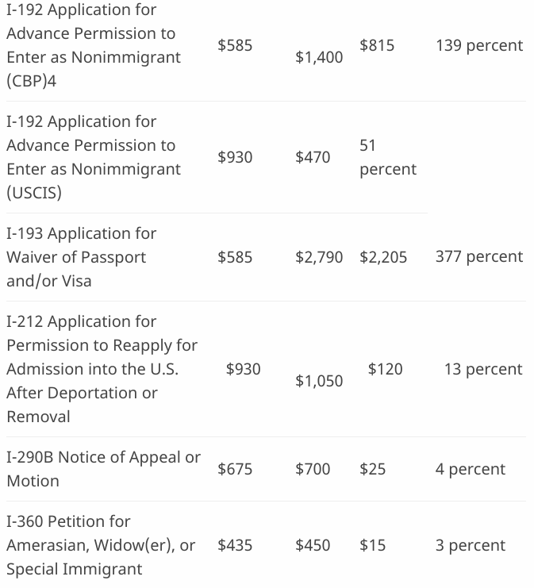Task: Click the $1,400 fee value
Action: click(x=319, y=57)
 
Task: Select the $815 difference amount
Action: click(x=377, y=45)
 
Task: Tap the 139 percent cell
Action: click(x=479, y=45)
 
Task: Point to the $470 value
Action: click(x=313, y=157)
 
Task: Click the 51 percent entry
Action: click(x=387, y=157)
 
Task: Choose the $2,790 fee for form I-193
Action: click(x=319, y=256)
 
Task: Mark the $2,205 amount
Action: click(x=383, y=256)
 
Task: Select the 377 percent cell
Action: click(x=479, y=256)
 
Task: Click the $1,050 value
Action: click(x=319, y=381)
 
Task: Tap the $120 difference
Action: click(x=385, y=369)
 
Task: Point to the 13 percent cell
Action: click(x=483, y=369)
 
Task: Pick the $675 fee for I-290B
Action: click(x=235, y=469)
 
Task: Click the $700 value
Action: click(x=313, y=469)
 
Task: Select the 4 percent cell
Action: click(x=470, y=469)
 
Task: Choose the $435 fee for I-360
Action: click(x=235, y=545)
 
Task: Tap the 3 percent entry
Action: click(x=470, y=545)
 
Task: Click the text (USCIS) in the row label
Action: click(x=34, y=193)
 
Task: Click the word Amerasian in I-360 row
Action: click(x=44, y=545)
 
